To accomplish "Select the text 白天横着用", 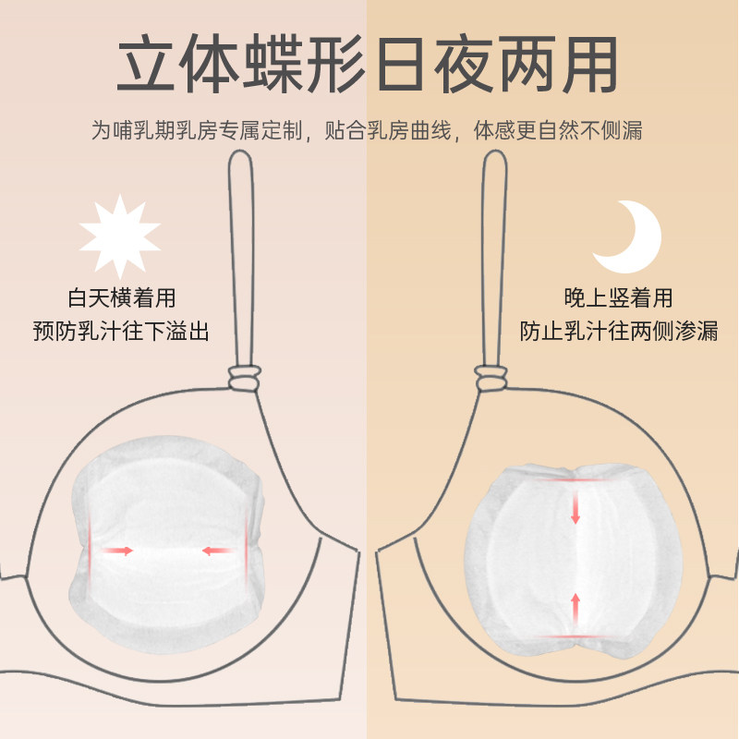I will (x=122, y=298).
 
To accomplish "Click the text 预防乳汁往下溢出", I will (x=120, y=331).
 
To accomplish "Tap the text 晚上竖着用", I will (x=619, y=298).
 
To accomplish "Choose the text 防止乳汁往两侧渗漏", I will (x=619, y=331).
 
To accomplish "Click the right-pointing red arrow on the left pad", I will (x=117, y=551).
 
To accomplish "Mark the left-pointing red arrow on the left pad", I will (x=217, y=551).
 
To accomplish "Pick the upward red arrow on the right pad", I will (x=575, y=607).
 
